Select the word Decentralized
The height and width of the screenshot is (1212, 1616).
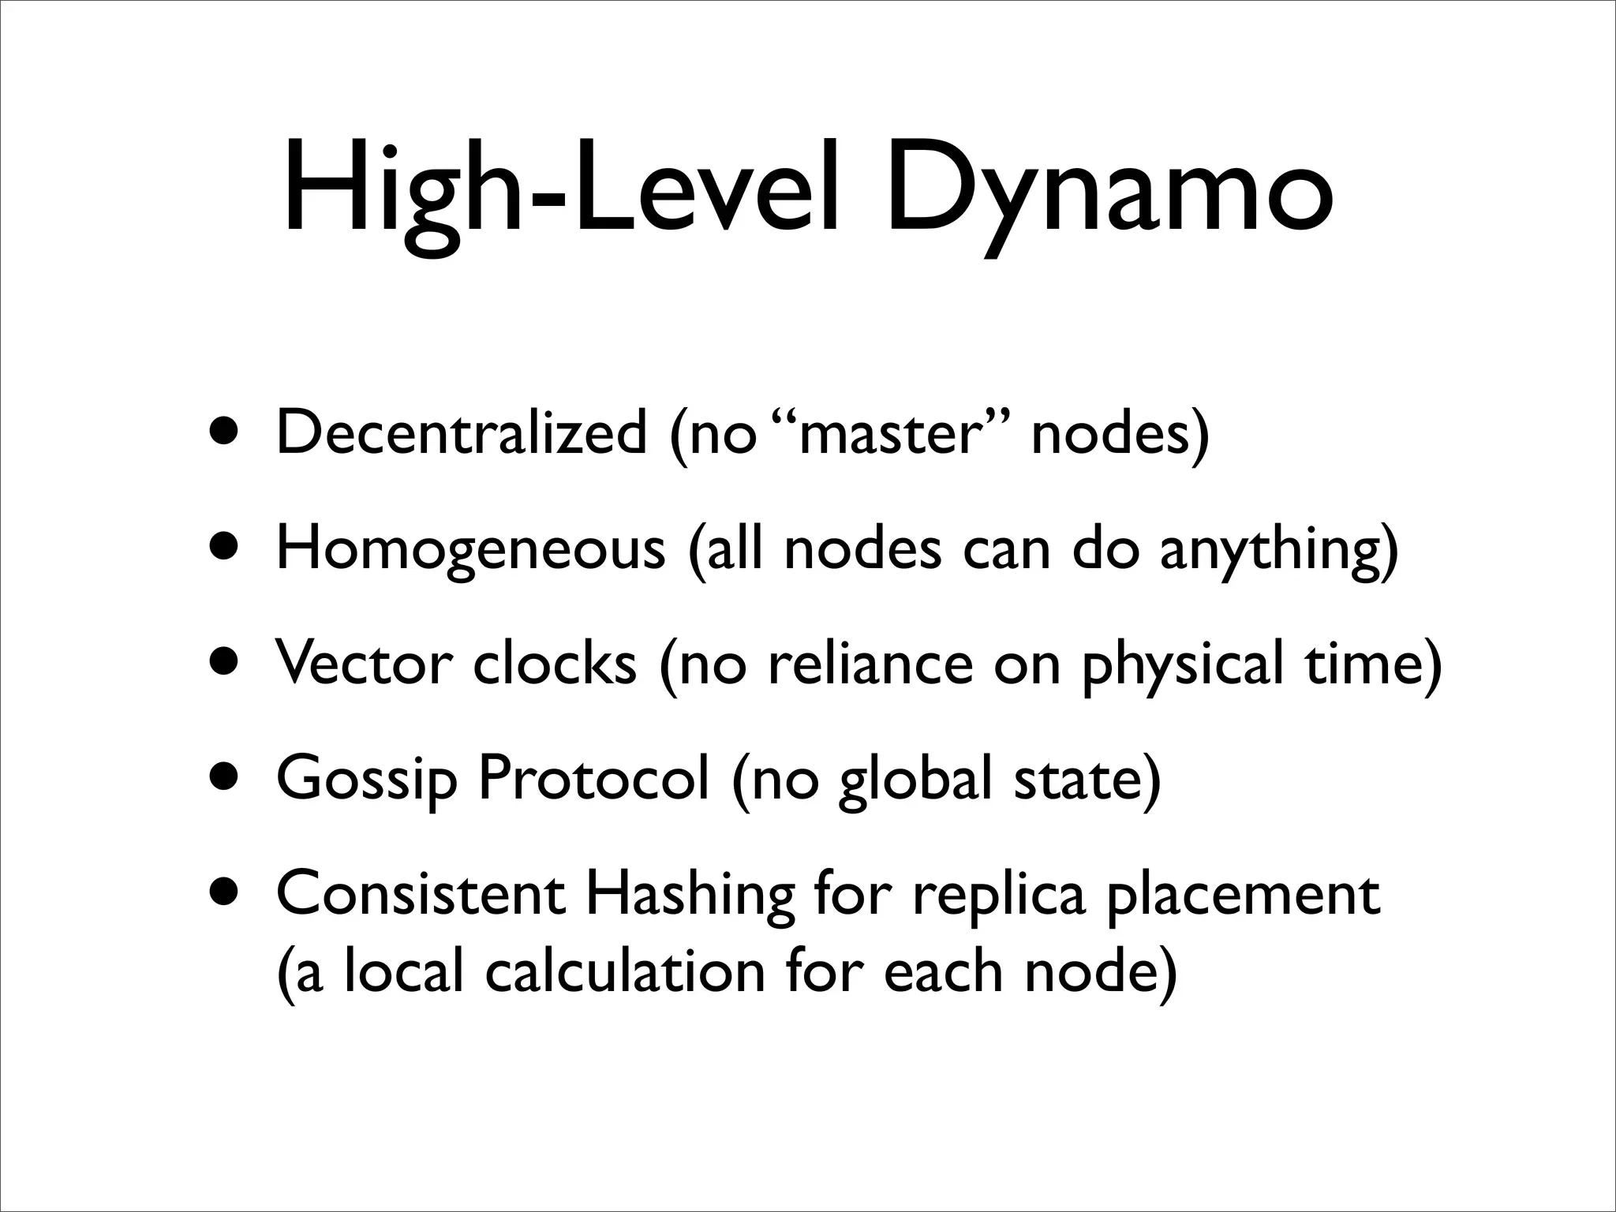point(462,434)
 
